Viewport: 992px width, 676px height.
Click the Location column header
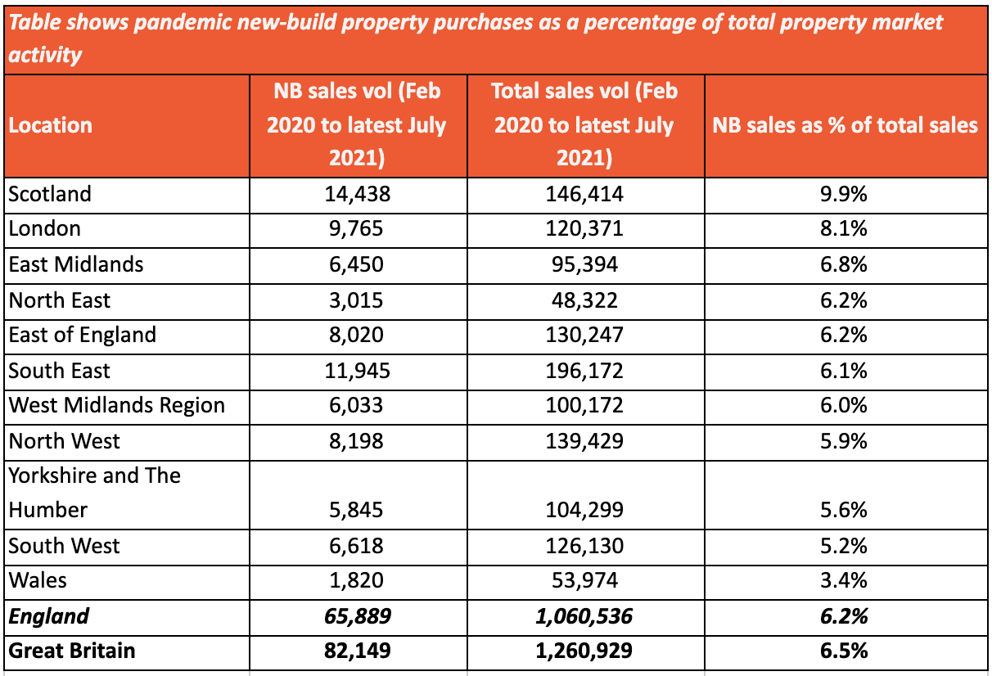point(51,125)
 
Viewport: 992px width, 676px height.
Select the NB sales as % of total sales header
point(845,125)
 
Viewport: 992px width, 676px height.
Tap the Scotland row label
point(50,194)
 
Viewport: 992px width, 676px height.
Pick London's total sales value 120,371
point(584,228)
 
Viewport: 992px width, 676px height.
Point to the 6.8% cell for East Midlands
point(845,264)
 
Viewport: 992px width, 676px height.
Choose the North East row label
point(60,300)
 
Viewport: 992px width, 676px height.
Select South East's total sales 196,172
point(584,371)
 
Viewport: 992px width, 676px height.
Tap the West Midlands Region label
point(117,405)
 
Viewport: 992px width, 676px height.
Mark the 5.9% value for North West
point(845,441)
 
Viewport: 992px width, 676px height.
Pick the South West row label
point(65,546)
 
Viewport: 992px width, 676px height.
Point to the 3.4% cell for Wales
point(845,580)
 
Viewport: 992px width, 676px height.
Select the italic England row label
point(48,616)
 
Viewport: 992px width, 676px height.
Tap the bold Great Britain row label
point(72,651)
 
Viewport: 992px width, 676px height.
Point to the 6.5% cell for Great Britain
point(845,651)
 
